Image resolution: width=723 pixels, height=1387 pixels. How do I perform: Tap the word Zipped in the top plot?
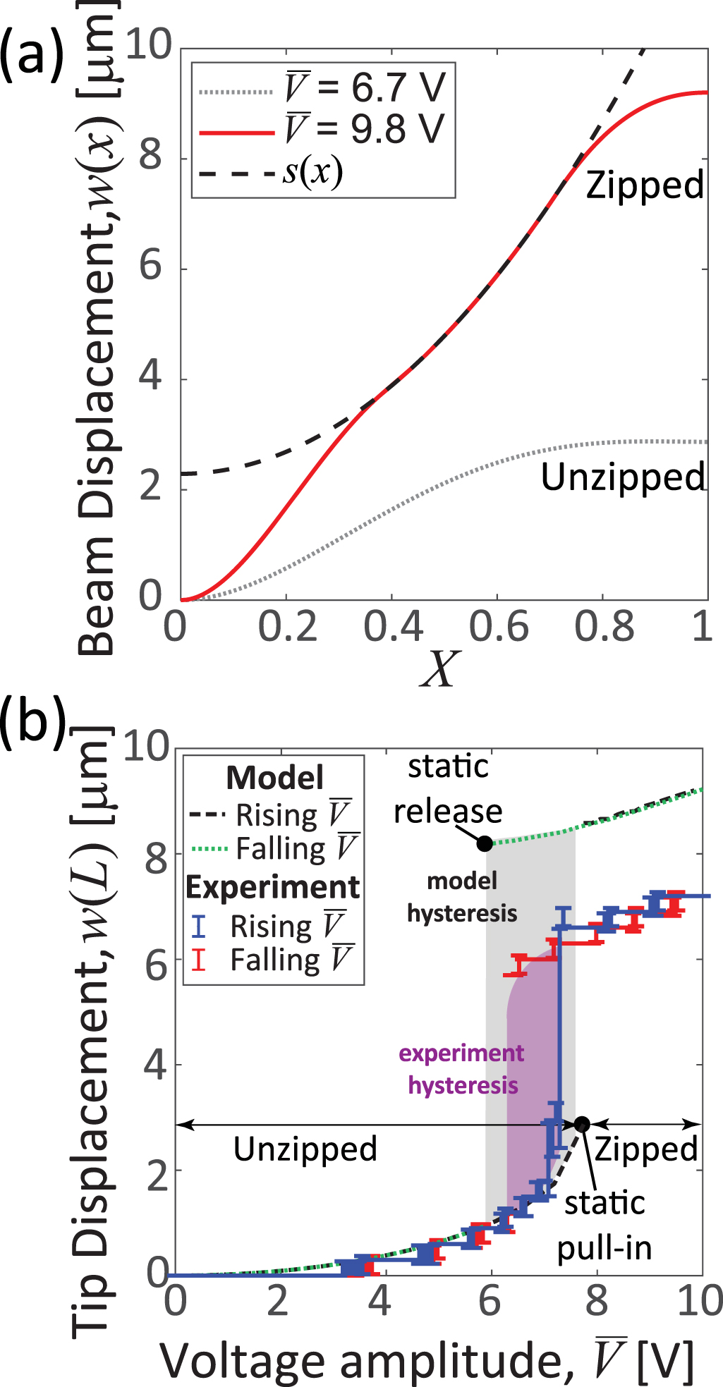click(x=645, y=185)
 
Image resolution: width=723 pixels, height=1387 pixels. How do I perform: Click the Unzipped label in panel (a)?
click(x=622, y=477)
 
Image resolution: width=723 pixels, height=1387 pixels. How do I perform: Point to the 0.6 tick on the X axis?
click(x=498, y=626)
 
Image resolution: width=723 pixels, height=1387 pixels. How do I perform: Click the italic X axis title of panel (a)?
click(x=439, y=668)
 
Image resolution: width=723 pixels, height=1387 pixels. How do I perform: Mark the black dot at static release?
click(x=485, y=843)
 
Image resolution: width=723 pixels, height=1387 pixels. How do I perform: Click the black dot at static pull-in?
click(x=582, y=1124)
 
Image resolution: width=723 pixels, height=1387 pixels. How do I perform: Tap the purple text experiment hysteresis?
click(x=462, y=1069)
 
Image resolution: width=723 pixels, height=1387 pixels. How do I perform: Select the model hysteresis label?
click(x=462, y=897)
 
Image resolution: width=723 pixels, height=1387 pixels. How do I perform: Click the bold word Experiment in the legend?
click(x=273, y=887)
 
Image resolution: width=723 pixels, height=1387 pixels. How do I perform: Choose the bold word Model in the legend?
click(x=275, y=778)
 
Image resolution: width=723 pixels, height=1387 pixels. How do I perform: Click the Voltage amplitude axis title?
click(x=427, y=1360)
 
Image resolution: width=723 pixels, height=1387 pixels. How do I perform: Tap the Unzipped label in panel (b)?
click(x=305, y=1149)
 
